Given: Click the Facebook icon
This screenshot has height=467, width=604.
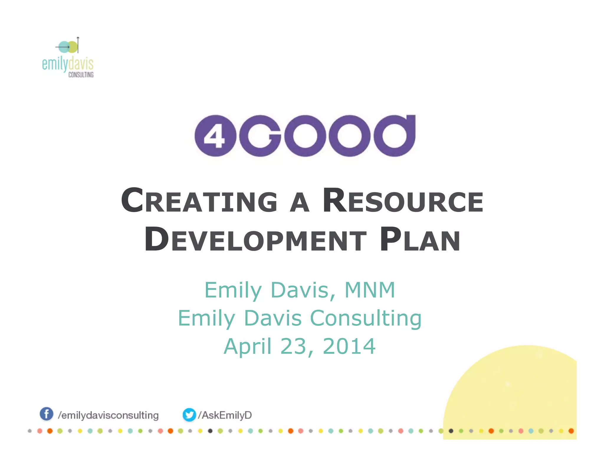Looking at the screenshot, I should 46,414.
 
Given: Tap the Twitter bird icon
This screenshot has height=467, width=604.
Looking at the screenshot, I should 189,414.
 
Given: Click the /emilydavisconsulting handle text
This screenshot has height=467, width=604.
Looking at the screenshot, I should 108,415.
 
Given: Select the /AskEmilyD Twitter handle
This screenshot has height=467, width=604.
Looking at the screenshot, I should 225,415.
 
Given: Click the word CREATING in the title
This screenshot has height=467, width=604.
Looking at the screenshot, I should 199,201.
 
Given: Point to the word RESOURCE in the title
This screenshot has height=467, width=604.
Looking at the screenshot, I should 403,201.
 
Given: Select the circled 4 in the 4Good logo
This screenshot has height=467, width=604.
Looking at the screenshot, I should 215,136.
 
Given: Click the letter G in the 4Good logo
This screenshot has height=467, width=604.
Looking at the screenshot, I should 260,136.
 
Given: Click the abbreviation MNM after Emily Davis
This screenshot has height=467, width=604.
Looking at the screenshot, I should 370,290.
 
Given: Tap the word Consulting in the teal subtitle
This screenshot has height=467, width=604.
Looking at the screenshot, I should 366,318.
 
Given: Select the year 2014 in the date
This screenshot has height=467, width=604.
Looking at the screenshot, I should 349,346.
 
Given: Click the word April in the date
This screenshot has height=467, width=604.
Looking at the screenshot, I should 247,346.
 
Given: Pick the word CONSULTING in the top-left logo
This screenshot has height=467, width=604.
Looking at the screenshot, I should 81,75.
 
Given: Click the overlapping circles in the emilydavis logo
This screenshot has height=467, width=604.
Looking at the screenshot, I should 68,47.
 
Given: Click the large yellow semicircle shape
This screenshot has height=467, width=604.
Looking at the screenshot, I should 519,390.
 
